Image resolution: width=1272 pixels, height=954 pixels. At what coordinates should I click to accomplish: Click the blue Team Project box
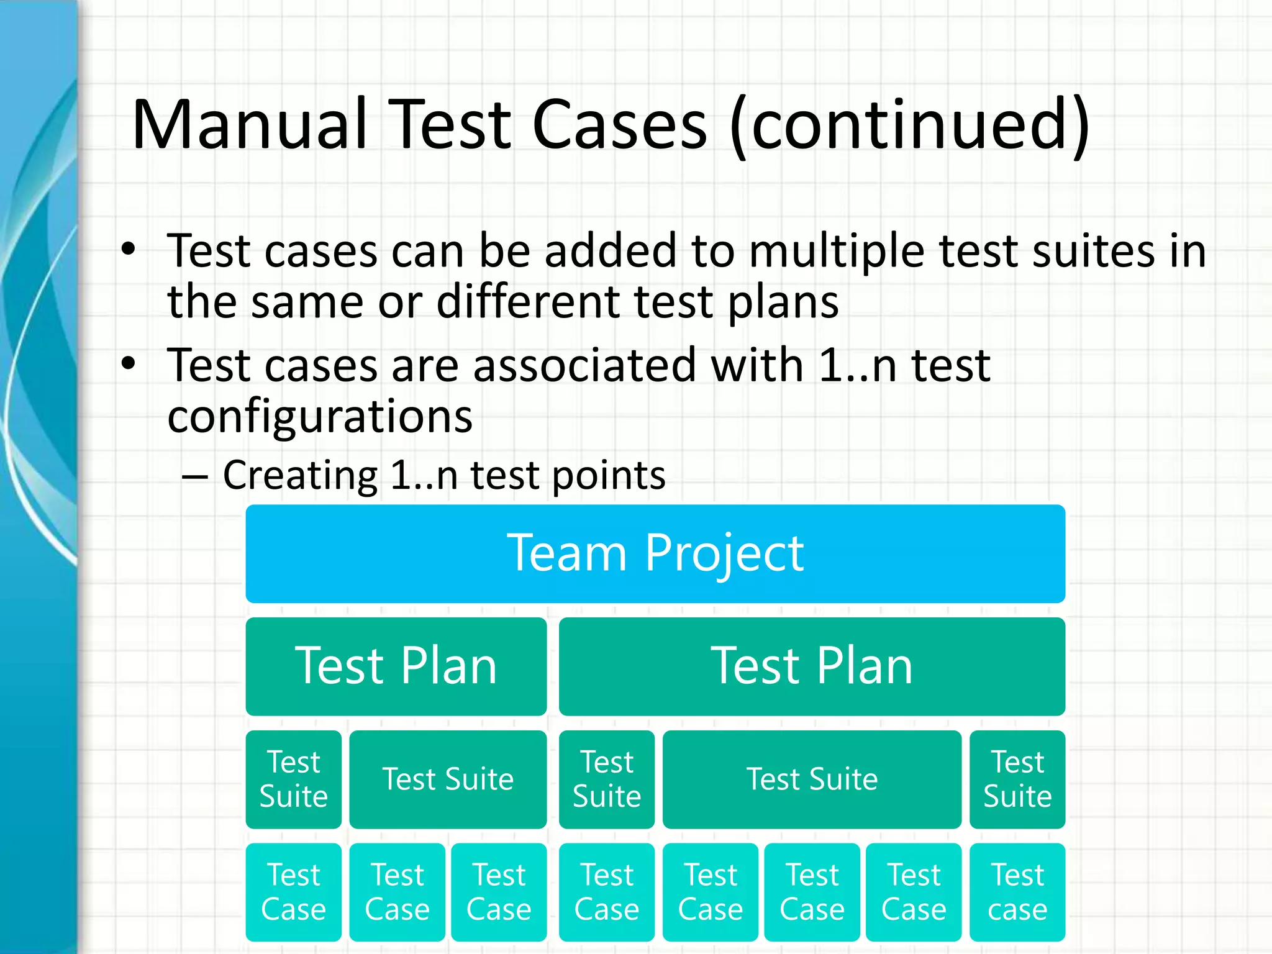(655, 553)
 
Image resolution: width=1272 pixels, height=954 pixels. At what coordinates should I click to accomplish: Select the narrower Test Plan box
(396, 666)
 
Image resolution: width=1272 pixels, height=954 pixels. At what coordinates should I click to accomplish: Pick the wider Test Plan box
(812, 666)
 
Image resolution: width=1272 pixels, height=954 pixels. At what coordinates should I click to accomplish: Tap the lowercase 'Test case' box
(1017, 892)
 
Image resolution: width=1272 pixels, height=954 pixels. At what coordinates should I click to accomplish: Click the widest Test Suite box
(812, 779)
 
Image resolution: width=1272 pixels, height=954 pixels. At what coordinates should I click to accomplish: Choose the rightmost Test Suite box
(1017, 779)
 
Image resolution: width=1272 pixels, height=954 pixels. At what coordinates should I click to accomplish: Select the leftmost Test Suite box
(293, 779)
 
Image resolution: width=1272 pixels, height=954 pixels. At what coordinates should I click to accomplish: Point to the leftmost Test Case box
(293, 892)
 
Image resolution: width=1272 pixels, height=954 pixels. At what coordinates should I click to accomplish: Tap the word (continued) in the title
(909, 126)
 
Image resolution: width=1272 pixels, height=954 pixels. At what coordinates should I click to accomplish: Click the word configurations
(320, 417)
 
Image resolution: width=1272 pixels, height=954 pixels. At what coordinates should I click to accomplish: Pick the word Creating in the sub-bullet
(300, 476)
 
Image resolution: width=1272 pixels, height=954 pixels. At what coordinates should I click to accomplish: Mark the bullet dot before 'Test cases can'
(129, 250)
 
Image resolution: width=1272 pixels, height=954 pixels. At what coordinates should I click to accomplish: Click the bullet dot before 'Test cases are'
(129, 364)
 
